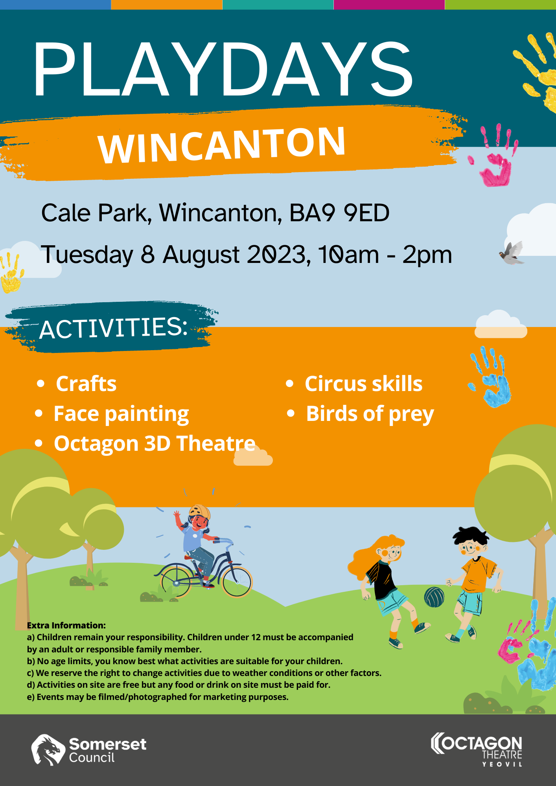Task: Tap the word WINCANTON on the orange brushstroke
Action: click(x=222, y=145)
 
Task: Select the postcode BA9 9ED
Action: click(x=339, y=213)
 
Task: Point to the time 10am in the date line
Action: click(x=348, y=254)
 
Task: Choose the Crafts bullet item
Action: click(x=86, y=384)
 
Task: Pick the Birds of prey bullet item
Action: click(x=370, y=414)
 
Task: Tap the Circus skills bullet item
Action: click(x=364, y=384)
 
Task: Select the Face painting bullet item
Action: click(x=121, y=414)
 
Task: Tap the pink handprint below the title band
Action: click(x=494, y=156)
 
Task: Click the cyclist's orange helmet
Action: click(x=199, y=512)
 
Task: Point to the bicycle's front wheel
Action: click(x=237, y=582)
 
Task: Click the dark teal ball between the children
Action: click(x=434, y=597)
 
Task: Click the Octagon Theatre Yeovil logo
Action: click(x=477, y=749)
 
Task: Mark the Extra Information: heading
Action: click(x=66, y=625)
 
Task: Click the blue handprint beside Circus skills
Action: click(x=490, y=377)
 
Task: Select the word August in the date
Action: click(x=201, y=255)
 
